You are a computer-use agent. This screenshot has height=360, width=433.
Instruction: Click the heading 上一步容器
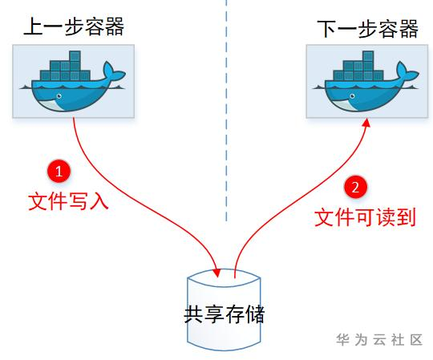pyautogui.click(x=74, y=26)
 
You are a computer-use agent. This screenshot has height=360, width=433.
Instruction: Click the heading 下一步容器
pyautogui.click(x=367, y=29)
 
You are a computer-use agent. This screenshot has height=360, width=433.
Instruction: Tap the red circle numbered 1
pyautogui.click(x=59, y=171)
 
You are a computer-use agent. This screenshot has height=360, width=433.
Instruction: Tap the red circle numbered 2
pyautogui.click(x=355, y=187)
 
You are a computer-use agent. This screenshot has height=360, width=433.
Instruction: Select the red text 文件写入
pyautogui.click(x=68, y=201)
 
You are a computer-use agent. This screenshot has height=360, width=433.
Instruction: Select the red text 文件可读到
pyautogui.click(x=365, y=218)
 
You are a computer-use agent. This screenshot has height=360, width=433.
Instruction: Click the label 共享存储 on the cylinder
pyautogui.click(x=225, y=314)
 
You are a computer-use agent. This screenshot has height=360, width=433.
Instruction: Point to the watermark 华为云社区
pyautogui.click(x=379, y=340)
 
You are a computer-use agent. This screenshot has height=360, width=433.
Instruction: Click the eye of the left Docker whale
pyautogui.click(x=59, y=96)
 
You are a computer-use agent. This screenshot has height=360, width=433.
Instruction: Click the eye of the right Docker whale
pyautogui.click(x=352, y=96)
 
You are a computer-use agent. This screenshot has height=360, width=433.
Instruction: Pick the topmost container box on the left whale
pyautogui.click(x=75, y=56)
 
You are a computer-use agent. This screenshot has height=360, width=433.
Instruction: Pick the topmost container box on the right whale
pyautogui.click(x=368, y=56)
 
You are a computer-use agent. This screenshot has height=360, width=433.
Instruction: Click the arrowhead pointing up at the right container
pyautogui.click(x=366, y=123)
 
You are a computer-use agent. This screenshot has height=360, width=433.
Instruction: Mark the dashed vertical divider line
pyautogui.click(x=226, y=111)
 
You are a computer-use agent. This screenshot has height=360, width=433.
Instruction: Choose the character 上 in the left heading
pyautogui.click(x=33, y=26)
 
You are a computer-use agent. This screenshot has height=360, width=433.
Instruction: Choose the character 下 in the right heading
pyautogui.click(x=326, y=29)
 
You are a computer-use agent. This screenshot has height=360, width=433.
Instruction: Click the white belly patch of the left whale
pyautogui.click(x=51, y=105)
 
